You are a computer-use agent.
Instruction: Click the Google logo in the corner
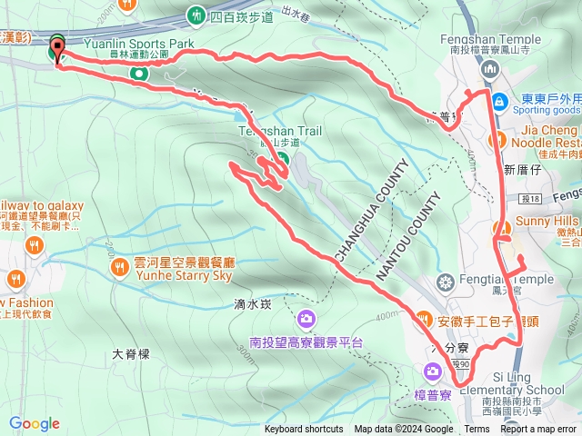tap(35, 423)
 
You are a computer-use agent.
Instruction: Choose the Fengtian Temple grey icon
tap(444, 280)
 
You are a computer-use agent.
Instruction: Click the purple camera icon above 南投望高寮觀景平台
tap(306, 319)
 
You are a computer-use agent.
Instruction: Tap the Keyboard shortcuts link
tap(303, 430)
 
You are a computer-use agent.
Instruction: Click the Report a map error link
tap(539, 430)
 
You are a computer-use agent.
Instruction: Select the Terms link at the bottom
tap(477, 430)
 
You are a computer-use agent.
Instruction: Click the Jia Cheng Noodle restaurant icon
tap(498, 138)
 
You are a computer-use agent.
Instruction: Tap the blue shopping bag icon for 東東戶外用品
tap(498, 101)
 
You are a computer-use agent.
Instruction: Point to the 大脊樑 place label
tap(130, 354)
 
